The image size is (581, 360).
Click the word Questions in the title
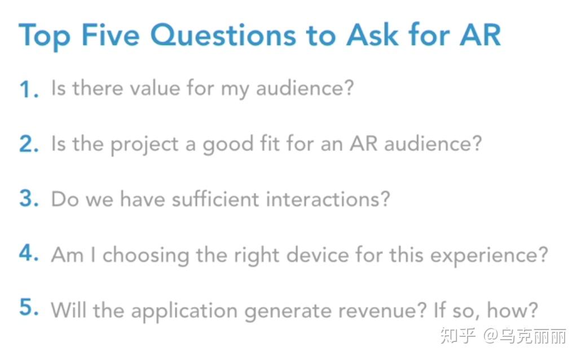point(223,36)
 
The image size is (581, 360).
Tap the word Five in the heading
point(111,35)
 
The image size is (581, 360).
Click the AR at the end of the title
point(480,35)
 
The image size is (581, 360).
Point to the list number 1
point(29,89)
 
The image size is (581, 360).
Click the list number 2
point(29,144)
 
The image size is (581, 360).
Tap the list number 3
point(29,199)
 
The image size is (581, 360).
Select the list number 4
point(29,253)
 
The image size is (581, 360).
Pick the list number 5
point(29,308)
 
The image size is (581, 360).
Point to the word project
point(144,145)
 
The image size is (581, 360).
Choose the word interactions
point(328,199)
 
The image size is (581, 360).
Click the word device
point(318,254)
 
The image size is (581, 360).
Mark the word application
point(184,311)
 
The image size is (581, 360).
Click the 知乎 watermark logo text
point(458,336)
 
